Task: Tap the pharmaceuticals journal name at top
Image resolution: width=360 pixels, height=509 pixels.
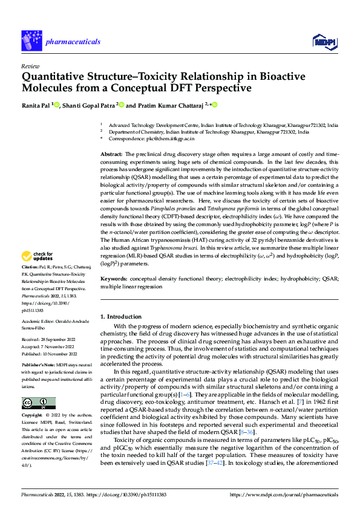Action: click(x=73, y=41)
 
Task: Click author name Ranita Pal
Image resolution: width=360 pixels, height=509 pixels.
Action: click(x=36, y=105)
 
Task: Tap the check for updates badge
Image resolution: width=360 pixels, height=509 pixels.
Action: click(x=38, y=273)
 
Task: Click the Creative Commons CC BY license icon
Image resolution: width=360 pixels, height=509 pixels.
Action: click(x=38, y=403)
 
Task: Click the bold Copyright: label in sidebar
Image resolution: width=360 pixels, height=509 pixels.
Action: click(x=33, y=416)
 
